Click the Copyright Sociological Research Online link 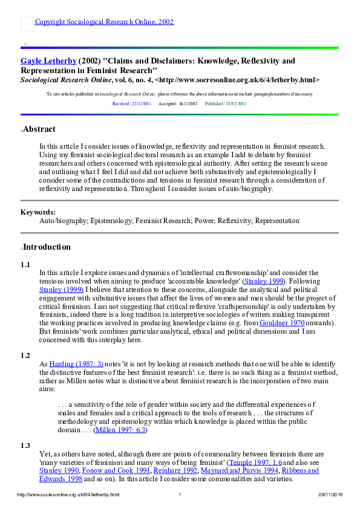coord(104,22)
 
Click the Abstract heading coord(39,129)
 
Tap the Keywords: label coord(38,212)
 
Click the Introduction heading coord(47,247)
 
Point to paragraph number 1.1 coord(25,265)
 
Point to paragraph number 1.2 coord(25,355)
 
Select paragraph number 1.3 coord(25,446)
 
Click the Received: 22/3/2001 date coord(131,104)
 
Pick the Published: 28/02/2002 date coord(226,104)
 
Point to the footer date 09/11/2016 coord(330,495)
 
